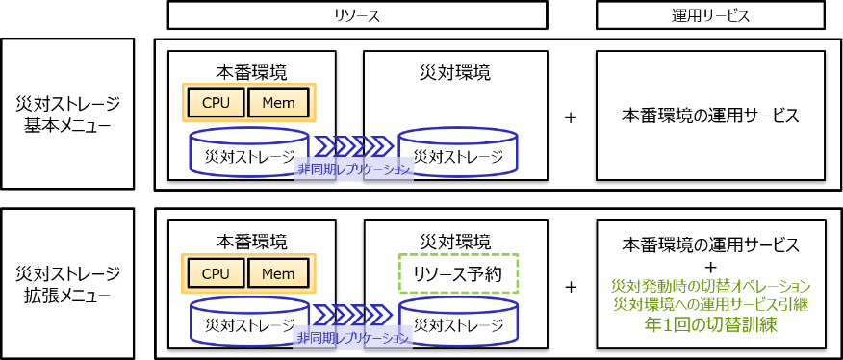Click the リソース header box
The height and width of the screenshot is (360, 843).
(358, 16)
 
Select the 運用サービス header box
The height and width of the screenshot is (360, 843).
(710, 16)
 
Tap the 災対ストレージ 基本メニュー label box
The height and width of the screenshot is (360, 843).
(67, 114)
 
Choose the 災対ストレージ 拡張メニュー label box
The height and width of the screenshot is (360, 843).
(67, 283)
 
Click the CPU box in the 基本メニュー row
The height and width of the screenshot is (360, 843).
(217, 102)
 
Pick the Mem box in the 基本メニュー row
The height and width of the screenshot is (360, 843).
(278, 102)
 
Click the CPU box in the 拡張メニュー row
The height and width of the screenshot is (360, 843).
(217, 273)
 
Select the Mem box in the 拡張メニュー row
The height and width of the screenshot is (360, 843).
(278, 273)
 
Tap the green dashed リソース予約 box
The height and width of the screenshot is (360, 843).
(458, 273)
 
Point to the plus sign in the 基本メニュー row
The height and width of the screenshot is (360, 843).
(571, 117)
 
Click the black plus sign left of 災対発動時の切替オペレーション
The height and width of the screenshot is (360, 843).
(571, 287)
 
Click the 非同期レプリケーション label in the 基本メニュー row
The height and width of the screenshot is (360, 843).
(354, 169)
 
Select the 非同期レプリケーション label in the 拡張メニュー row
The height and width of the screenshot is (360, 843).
(354, 339)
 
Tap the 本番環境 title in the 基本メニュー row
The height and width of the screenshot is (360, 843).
(251, 72)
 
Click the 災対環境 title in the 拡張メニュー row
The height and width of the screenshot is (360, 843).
(455, 242)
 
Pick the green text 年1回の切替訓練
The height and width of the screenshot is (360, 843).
(710, 324)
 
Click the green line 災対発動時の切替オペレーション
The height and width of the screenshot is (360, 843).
(710, 285)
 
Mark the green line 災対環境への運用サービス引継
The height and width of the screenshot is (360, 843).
(710, 304)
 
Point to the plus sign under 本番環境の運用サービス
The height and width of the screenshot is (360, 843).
(711, 267)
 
